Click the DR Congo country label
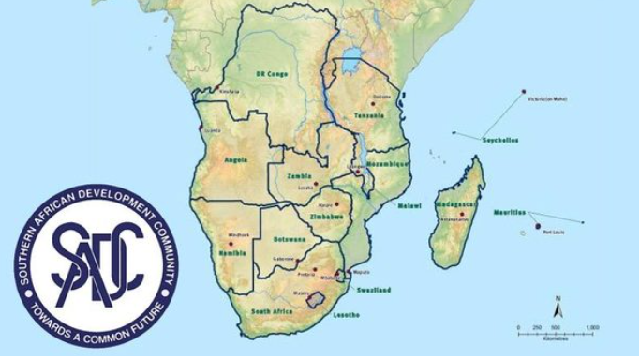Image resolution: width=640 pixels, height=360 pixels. [270, 73]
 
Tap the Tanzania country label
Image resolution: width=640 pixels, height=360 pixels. [368, 115]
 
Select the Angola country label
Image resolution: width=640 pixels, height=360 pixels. [236, 159]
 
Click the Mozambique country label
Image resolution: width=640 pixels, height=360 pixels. [387, 164]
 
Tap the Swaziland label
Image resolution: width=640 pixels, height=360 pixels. [373, 291]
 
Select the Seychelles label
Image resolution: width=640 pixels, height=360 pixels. [499, 141]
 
